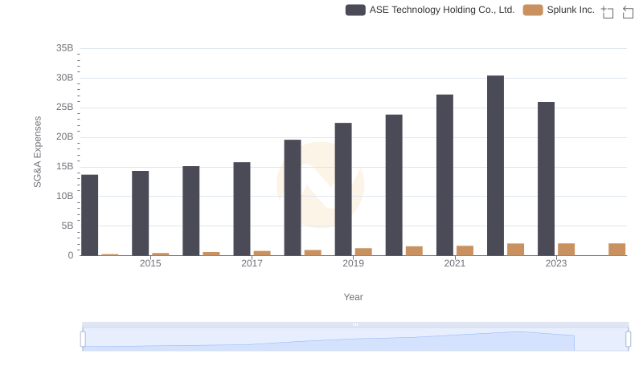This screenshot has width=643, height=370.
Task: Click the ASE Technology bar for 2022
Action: [495, 165]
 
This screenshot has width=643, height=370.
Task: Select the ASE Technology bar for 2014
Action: [89, 215]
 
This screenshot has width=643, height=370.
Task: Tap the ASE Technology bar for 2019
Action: [343, 189]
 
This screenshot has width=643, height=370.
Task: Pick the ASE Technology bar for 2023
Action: [546, 179]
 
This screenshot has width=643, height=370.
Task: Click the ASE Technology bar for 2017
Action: [242, 209]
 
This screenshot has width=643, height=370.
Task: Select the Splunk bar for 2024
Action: [616, 250]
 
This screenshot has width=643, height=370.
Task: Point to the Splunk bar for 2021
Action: [465, 250]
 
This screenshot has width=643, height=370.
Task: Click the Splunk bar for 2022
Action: [515, 250]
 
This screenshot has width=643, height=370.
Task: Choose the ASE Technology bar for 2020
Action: [394, 185]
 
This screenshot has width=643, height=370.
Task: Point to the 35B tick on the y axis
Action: [64, 48]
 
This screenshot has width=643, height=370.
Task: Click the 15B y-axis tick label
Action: [64, 167]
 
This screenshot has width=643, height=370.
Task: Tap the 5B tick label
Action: [67, 226]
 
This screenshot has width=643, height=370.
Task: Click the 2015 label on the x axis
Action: [150, 263]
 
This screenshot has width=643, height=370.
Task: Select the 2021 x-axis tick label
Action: [455, 263]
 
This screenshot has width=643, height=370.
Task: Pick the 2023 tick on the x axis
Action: [556, 263]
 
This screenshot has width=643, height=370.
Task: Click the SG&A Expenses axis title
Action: [37, 152]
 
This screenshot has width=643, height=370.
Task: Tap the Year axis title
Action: [354, 297]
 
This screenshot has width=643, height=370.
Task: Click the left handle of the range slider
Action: [83, 339]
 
